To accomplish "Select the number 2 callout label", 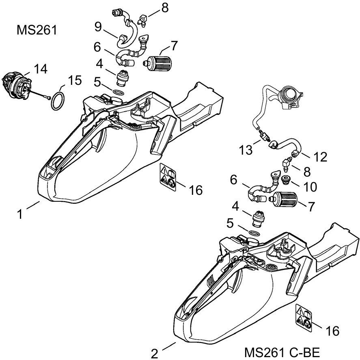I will pos(155,353).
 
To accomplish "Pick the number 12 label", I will pos(321,157).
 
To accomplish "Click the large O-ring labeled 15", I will pos(58,102).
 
